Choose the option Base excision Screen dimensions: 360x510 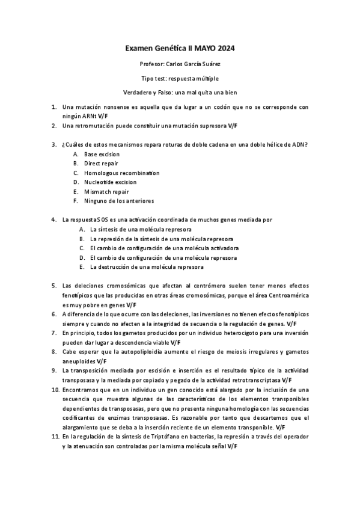click(x=102, y=154)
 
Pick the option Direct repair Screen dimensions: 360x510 click(x=101, y=163)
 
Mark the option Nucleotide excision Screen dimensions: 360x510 click(x=110, y=182)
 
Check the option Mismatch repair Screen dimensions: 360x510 click(x=106, y=191)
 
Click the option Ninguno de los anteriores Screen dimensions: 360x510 click(x=118, y=200)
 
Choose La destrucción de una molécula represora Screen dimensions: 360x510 click(x=147, y=266)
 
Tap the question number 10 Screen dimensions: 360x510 click(x=54, y=389)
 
